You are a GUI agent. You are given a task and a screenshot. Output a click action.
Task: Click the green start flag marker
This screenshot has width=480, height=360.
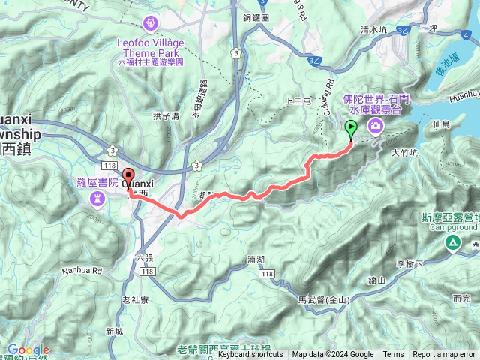[351, 130]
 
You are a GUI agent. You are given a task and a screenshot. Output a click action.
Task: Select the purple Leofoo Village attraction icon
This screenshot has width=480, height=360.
[151, 23]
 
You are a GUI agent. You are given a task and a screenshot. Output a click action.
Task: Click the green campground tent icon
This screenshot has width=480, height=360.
[452, 242]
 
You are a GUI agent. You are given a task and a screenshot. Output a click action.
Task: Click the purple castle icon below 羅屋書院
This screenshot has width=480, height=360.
[97, 198]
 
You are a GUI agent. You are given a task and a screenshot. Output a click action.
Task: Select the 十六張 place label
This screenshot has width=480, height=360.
[139, 257]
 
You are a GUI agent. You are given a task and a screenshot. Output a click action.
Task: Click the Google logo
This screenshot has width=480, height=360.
[28, 349]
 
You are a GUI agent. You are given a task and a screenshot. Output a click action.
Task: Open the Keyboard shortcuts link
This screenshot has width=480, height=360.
[251, 355]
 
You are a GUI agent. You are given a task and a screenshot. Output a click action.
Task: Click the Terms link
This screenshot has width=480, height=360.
[393, 355]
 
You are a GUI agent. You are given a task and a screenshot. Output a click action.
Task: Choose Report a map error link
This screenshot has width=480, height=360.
[445, 355]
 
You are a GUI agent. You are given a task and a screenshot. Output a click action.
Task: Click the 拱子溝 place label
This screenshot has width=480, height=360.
[164, 116]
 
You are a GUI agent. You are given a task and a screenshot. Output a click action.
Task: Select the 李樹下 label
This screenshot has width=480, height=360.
[409, 263]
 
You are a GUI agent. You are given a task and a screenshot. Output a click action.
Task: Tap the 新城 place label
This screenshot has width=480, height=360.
[114, 331]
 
